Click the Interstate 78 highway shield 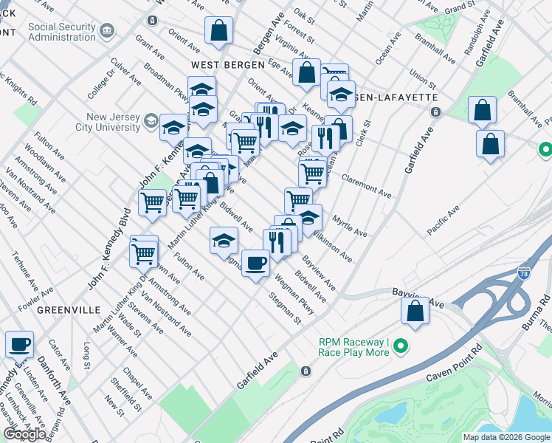click(x=524, y=272)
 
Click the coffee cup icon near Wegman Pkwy click(x=256, y=263)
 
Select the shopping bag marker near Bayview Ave click(x=415, y=310)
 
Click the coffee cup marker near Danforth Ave click(x=19, y=344)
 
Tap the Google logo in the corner click(x=24, y=433)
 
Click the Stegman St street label click(x=286, y=309)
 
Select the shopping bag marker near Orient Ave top click(x=219, y=31)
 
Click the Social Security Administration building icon click(x=108, y=31)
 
